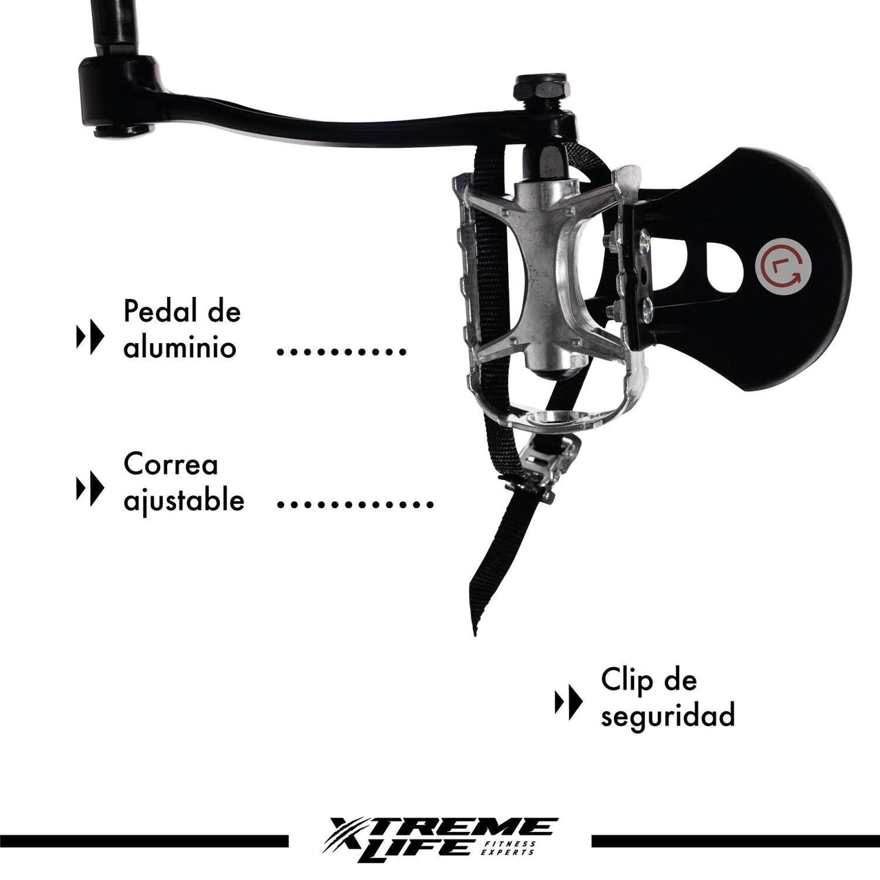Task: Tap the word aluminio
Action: coord(179,347)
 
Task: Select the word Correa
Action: coord(170,465)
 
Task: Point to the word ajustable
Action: coord(184,500)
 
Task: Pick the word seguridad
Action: coord(668,716)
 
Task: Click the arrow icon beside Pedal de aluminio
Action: coord(90,337)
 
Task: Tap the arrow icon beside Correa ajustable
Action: coord(90,489)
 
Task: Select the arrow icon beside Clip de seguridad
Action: coord(569,703)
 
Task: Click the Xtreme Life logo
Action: coord(443,836)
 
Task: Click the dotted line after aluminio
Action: coord(341,351)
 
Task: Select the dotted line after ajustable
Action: coord(355,505)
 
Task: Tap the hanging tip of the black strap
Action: coord(474,622)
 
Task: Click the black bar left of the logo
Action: coord(144,841)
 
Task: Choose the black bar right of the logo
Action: coord(735,841)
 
